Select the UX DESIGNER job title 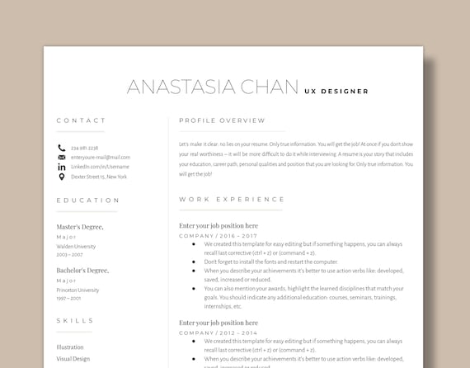pos(336,92)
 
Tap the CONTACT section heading pos(81,120)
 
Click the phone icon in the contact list pos(61,148)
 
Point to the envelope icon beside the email pos(61,157)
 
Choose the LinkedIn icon pos(61,167)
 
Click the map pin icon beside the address pos(61,177)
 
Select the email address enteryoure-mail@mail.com pos(100,157)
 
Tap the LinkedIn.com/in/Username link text pos(100,167)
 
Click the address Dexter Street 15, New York pos(99,177)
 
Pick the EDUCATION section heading pos(88,201)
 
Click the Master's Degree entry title pos(80,226)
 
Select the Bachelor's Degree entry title pos(82,271)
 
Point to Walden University pos(76,246)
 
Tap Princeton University pos(78,290)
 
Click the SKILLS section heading pos(74,320)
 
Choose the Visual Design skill pos(74,359)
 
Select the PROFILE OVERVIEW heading pos(222,120)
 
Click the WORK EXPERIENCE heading pos(232,200)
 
